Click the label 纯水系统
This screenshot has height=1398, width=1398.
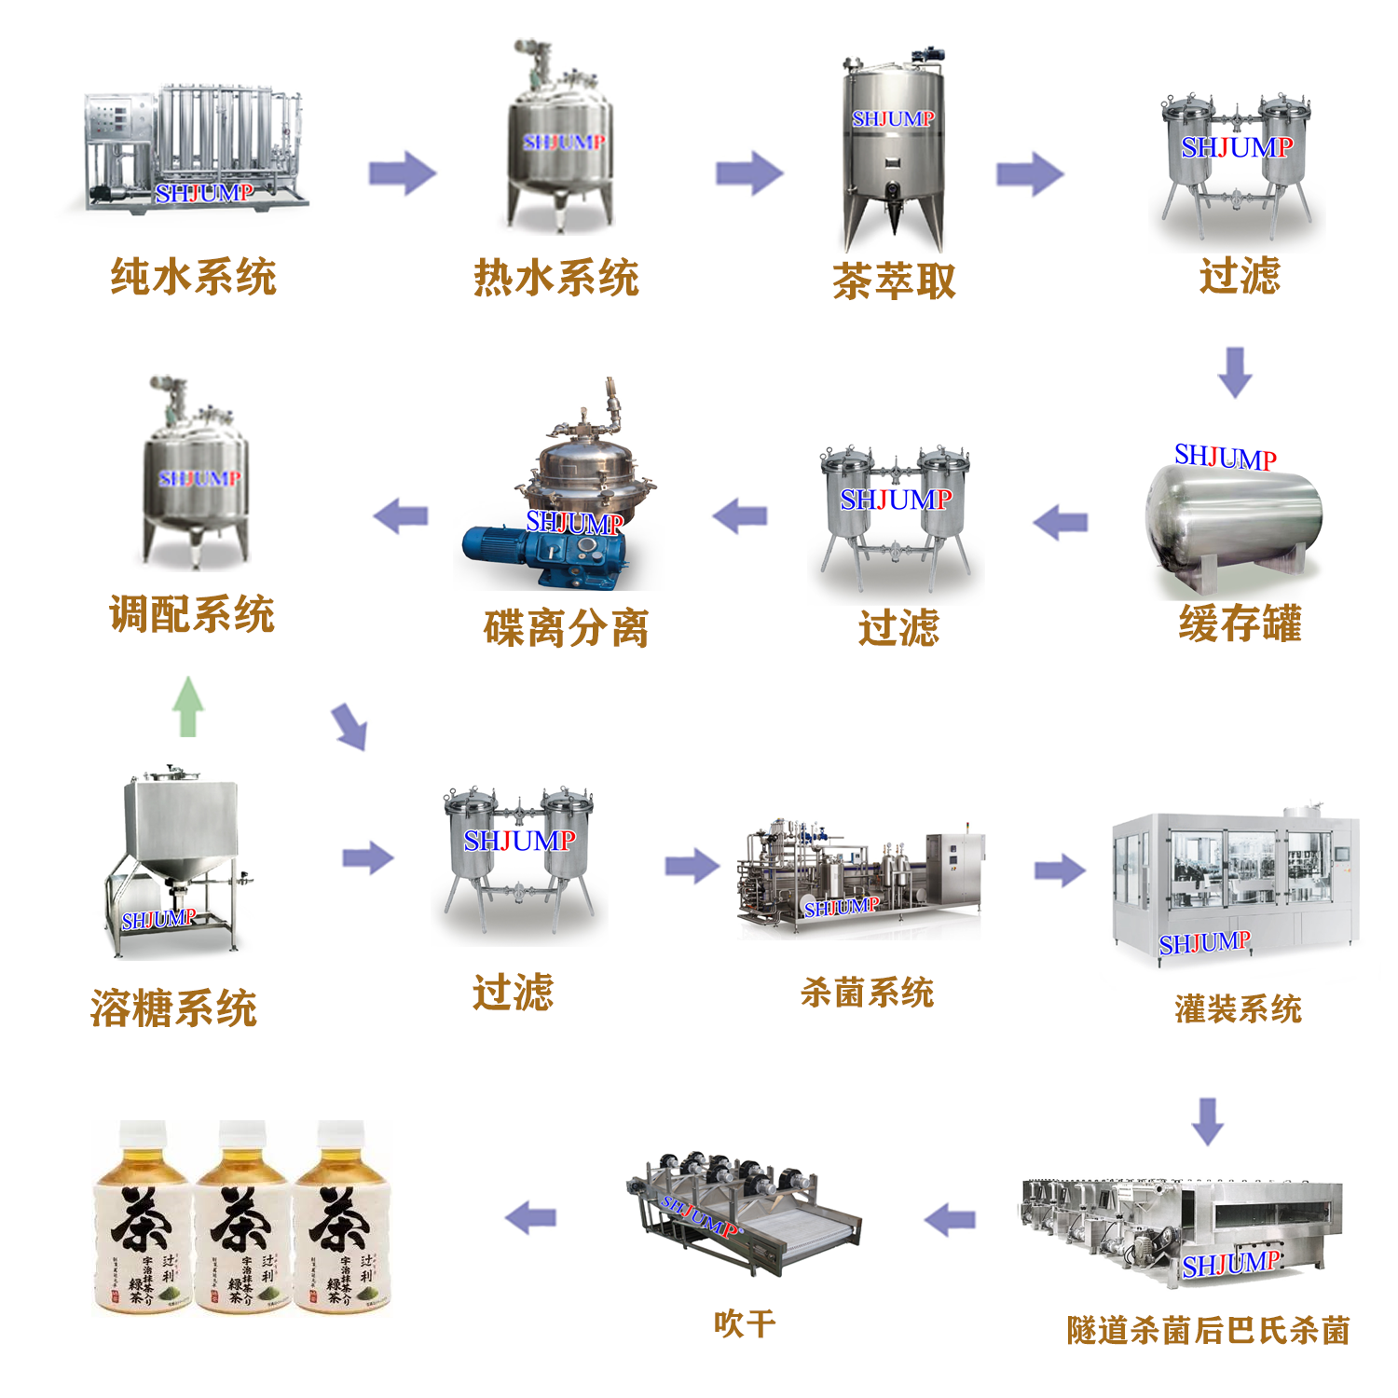[193, 277]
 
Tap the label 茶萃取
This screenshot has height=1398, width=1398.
[894, 281]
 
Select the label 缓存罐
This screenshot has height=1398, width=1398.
[1240, 624]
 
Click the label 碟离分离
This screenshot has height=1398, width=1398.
[566, 628]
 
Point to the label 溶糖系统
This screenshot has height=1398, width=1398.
[173, 1008]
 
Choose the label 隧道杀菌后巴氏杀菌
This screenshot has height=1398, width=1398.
[1208, 1330]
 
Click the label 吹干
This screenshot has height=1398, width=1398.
[744, 1323]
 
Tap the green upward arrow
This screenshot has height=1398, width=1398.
[188, 706]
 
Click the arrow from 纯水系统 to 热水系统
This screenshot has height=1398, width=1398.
[402, 173]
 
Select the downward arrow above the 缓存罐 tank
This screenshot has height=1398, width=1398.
[1235, 372]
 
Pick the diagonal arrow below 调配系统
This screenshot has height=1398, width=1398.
[350, 727]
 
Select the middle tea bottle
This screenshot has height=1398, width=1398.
[241, 1221]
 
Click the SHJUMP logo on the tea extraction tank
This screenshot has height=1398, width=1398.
[893, 119]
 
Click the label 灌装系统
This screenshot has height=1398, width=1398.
[1238, 1008]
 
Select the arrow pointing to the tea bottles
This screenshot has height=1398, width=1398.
[530, 1218]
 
